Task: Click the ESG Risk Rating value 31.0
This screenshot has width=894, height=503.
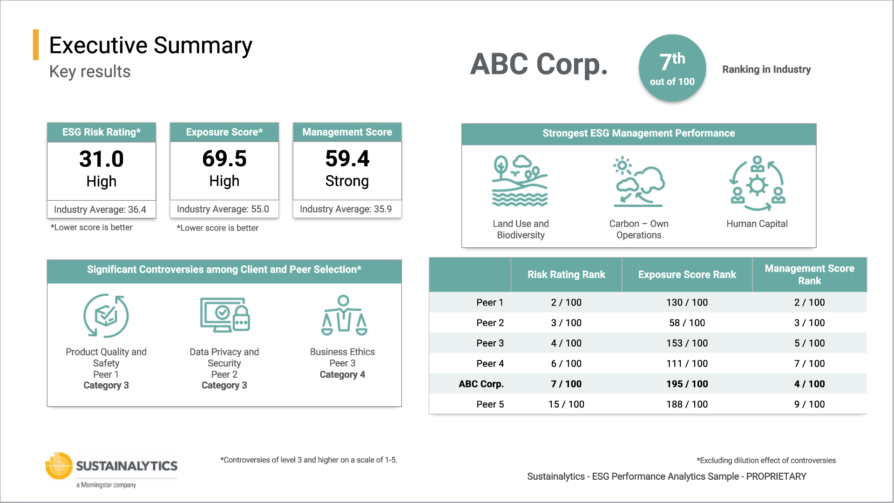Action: click(x=102, y=159)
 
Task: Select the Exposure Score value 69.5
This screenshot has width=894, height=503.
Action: click(x=224, y=159)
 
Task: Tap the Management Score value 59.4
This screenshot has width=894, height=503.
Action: click(x=347, y=159)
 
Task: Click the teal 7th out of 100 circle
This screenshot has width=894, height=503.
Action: click(x=672, y=68)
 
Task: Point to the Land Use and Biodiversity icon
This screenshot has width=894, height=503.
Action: click(x=520, y=181)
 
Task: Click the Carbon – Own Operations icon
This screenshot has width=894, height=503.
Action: click(x=638, y=182)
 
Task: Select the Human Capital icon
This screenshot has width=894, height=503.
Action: click(x=757, y=183)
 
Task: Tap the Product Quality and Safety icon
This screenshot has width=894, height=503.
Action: click(x=106, y=315)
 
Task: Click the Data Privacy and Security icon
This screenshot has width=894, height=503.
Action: click(x=225, y=315)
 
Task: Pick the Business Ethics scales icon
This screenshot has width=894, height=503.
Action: click(x=344, y=315)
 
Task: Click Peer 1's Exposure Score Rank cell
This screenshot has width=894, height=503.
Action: click(x=687, y=302)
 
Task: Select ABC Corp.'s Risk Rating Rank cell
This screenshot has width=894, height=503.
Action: click(x=566, y=384)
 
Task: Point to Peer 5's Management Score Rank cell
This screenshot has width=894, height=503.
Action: click(x=809, y=404)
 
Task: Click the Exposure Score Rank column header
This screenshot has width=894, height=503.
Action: click(x=687, y=275)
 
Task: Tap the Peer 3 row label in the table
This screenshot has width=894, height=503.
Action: click(x=490, y=343)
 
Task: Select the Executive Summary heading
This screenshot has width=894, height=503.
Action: click(x=150, y=46)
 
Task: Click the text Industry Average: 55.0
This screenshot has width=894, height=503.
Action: click(x=223, y=209)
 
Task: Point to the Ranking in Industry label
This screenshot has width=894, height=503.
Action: click(x=766, y=69)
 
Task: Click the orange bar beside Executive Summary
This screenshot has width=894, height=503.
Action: click(x=36, y=45)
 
